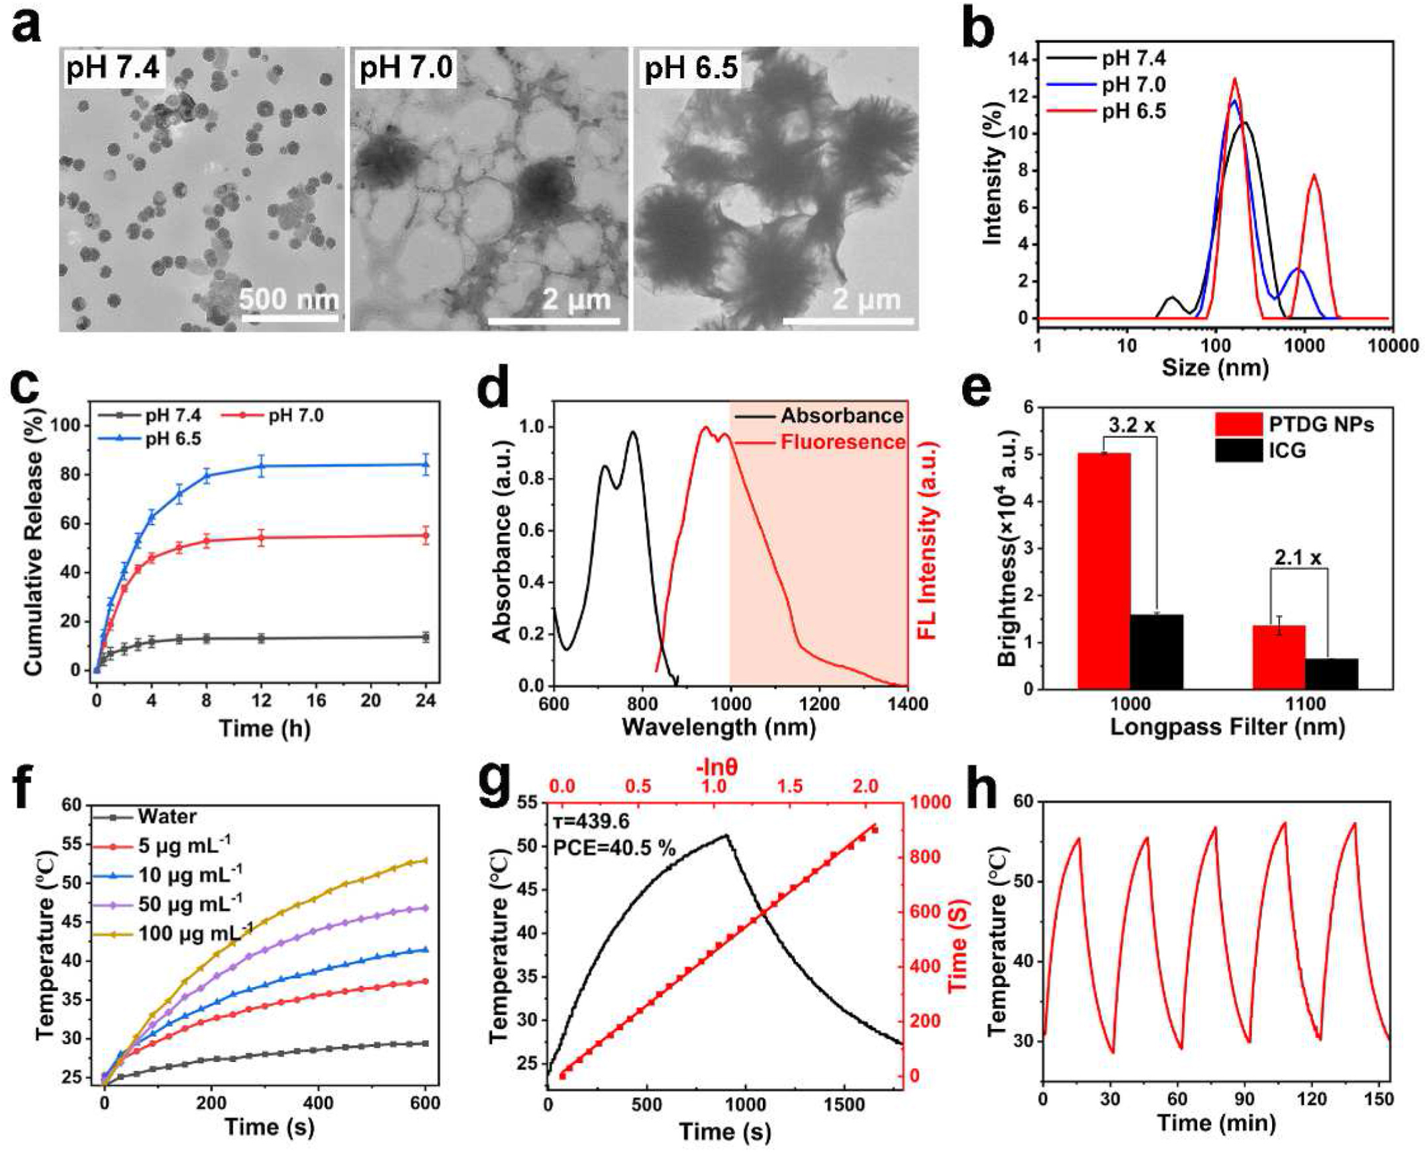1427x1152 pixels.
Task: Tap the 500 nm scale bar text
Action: (x=289, y=299)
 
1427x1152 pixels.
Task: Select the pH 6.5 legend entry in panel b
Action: (x=1134, y=111)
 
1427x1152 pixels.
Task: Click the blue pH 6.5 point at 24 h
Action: (x=425, y=464)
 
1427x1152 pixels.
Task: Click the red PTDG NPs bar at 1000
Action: (x=1104, y=571)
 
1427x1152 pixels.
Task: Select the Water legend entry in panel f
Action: (x=168, y=816)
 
